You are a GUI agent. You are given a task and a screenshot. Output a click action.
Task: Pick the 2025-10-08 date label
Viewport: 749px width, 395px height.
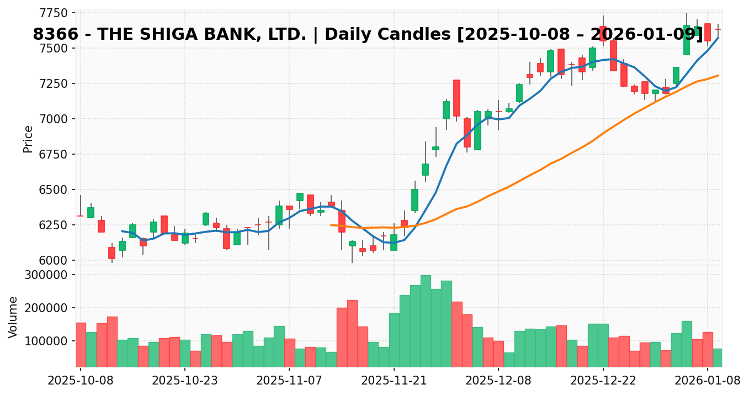80,381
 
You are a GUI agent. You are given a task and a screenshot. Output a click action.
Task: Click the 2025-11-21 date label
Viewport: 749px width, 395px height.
394,381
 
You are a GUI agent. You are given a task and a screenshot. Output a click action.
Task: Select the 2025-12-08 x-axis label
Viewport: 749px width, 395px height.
498,381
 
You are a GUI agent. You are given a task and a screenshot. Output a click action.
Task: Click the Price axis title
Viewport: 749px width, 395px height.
28,139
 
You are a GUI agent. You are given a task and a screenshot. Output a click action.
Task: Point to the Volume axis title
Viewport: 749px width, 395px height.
13,317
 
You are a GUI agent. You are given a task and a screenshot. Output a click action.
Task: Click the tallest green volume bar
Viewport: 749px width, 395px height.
426,320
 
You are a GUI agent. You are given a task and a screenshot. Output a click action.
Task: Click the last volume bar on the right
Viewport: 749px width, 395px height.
718,357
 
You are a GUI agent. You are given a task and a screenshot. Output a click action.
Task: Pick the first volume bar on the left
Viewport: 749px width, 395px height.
81,344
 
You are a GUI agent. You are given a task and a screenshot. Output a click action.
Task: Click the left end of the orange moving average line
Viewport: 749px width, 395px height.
331,225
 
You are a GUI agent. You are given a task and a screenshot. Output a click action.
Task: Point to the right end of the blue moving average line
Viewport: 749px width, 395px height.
718,38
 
